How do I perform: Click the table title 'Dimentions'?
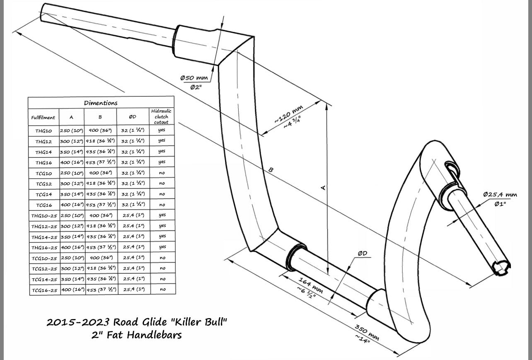coord(101,103)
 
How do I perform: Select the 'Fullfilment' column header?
coord(43,117)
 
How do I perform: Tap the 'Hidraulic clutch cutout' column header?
coord(162,116)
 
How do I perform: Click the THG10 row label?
coord(43,130)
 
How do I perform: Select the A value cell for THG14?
coord(71,152)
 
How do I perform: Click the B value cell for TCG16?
coord(100,205)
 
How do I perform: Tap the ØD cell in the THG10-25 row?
coord(133,215)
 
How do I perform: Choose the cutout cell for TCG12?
coord(162,184)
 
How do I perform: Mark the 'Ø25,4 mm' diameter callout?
coord(500,194)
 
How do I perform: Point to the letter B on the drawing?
coord(271,170)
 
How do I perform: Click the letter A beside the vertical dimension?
coord(324,188)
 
